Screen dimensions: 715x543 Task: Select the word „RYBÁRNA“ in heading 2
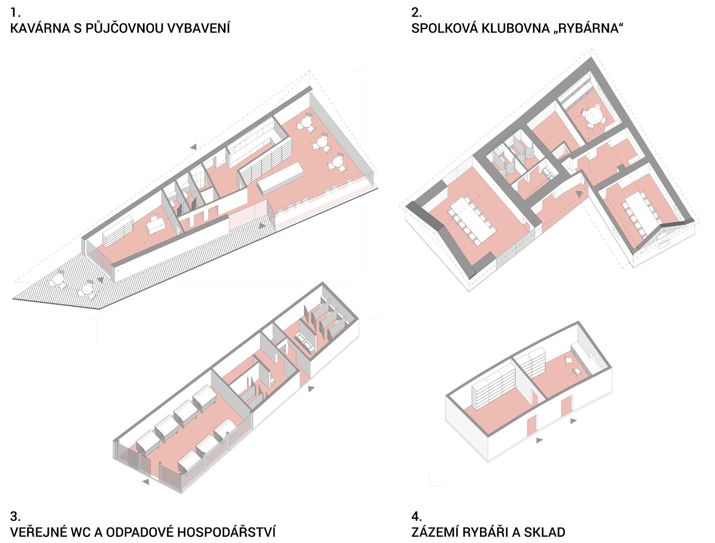click(589, 29)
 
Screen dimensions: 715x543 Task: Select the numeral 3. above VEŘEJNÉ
click(15, 516)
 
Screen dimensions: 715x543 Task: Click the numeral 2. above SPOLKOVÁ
click(416, 13)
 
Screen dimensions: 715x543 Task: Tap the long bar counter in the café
click(280, 178)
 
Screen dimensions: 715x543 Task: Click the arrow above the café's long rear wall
click(194, 147)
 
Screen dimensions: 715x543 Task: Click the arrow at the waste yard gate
click(145, 482)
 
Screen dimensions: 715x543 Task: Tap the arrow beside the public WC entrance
click(311, 388)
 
